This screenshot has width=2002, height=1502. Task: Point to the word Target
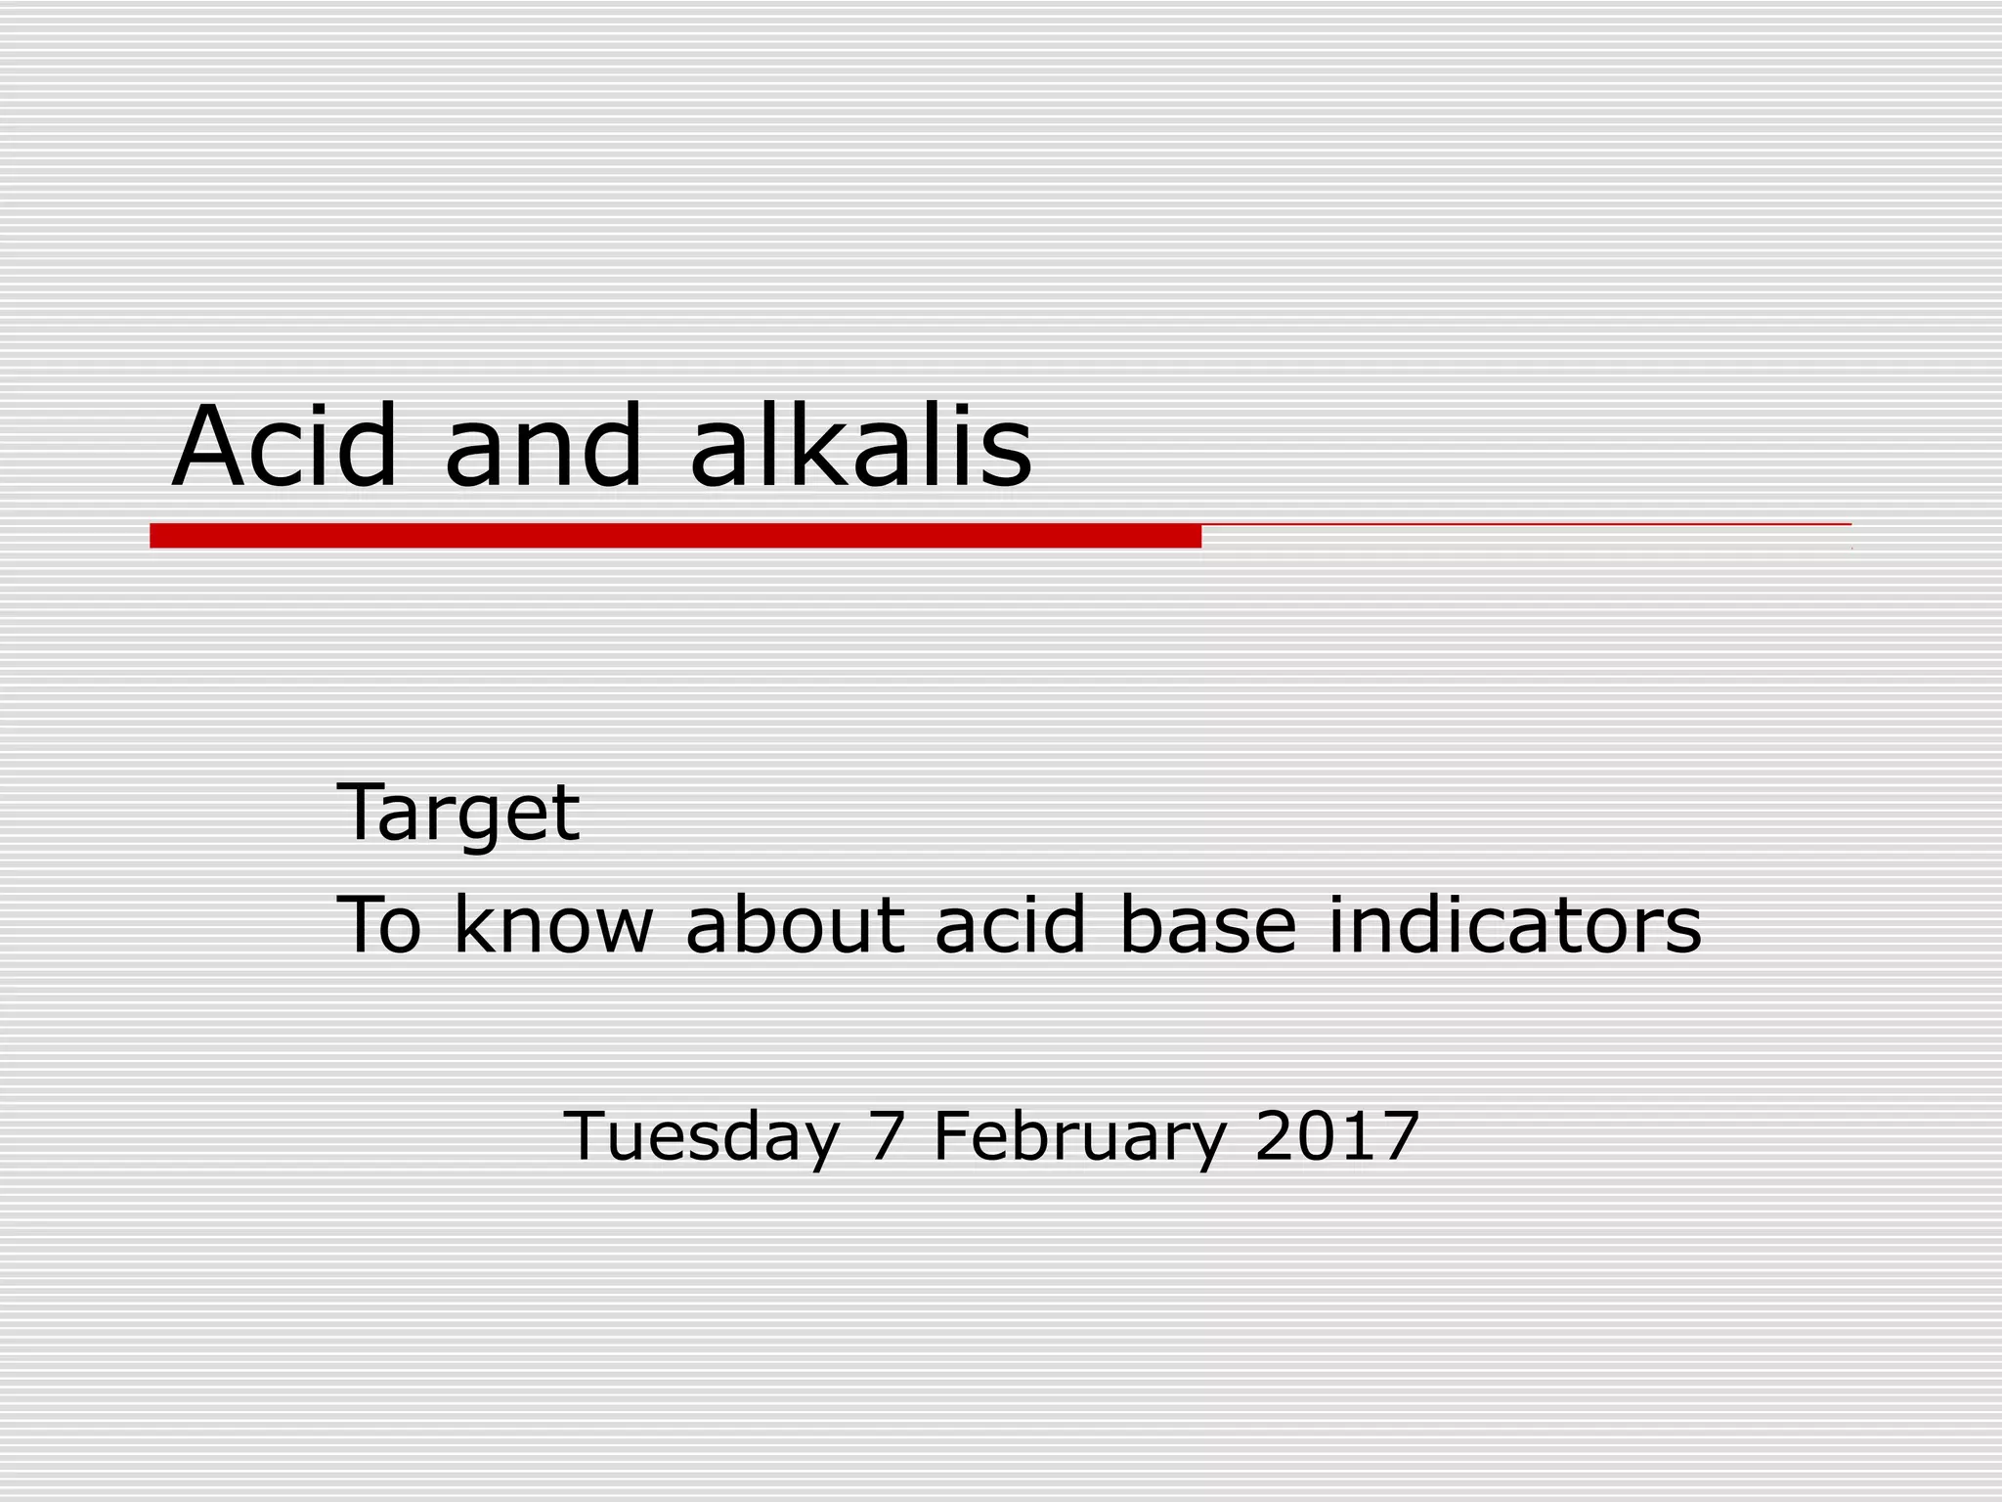(457, 813)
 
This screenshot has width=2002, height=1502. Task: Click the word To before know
(379, 924)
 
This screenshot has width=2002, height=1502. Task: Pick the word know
(553, 924)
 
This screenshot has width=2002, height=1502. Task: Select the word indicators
(1514, 924)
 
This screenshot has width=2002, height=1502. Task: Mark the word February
(1079, 1137)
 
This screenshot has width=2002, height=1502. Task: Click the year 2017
(1336, 1135)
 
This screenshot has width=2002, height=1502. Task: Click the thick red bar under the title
(675, 536)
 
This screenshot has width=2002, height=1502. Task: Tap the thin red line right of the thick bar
(1525, 525)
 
